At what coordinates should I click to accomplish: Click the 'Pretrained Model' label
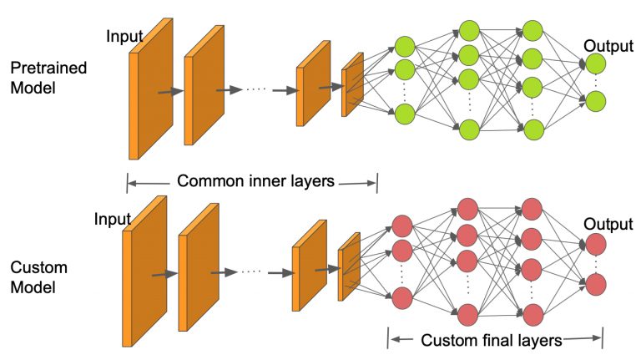tap(48, 78)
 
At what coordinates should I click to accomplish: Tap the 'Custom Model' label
tap(39, 277)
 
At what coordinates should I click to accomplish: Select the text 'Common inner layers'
tap(255, 180)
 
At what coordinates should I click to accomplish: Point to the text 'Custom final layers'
tap(492, 340)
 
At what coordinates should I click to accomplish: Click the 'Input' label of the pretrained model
tap(124, 37)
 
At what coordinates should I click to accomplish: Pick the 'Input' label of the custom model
tap(112, 219)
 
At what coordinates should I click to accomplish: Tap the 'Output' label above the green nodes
tap(608, 46)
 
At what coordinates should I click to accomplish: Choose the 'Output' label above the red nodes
tap(608, 224)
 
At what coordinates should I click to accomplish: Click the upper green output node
tap(595, 63)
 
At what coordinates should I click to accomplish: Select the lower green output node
tap(595, 101)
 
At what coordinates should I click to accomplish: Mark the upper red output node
tap(596, 244)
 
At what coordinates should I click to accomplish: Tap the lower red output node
tap(596, 285)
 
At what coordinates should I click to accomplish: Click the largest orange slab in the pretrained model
tap(151, 89)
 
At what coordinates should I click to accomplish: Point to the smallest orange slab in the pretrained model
tap(352, 84)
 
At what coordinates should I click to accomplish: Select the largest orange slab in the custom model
tap(144, 271)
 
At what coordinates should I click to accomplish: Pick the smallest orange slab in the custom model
tap(349, 266)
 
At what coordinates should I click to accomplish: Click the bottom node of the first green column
tap(405, 114)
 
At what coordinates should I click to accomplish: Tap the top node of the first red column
tap(402, 226)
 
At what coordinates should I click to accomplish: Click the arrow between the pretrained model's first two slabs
tap(171, 92)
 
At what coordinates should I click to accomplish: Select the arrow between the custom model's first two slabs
tap(164, 274)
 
